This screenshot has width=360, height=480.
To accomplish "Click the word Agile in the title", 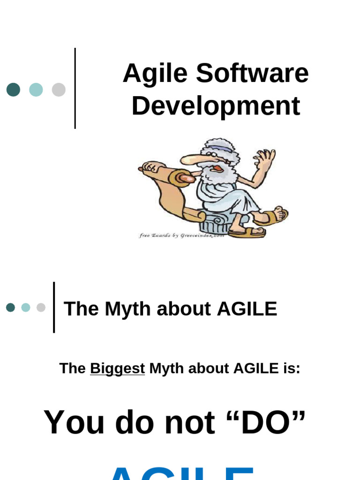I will (155, 74).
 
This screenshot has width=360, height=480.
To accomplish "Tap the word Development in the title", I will (216, 106).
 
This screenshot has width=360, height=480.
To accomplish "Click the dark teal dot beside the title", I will (13, 90).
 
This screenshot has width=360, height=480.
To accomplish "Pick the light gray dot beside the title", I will (59, 90).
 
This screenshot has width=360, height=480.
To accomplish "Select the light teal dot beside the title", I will (36, 90).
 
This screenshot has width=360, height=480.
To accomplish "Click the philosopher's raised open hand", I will (265, 159).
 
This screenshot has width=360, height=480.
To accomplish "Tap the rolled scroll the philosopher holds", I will (180, 178).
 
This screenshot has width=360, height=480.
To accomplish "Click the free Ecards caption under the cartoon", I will (181, 235).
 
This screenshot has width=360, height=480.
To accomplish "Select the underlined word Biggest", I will (117, 368).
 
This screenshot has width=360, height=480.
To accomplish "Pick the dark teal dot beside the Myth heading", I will (10, 307).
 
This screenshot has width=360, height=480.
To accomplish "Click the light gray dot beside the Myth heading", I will (41, 307).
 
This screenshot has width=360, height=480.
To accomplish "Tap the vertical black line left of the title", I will (75, 88).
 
